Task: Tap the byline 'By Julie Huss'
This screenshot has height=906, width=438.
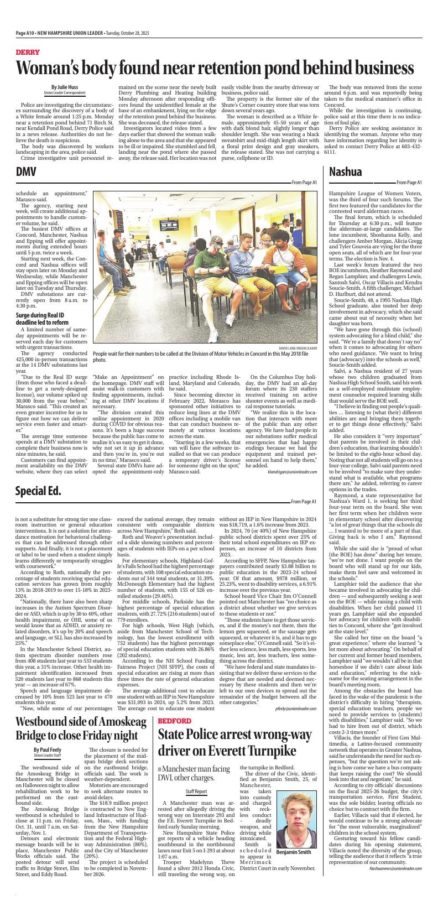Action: coord(65,87)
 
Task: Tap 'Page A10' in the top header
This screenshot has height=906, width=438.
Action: coord(25,33)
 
